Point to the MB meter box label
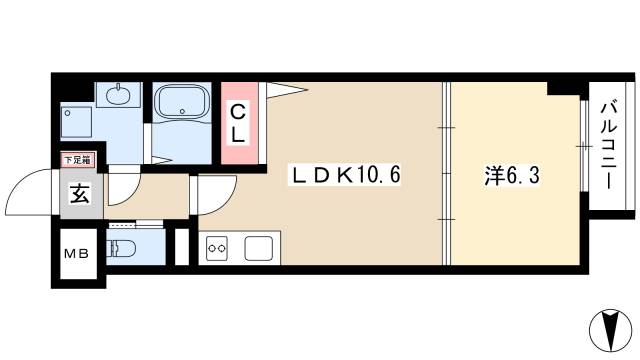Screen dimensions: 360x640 pyautogui.click(x=78, y=252)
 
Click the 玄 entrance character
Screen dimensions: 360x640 pyautogui.click(x=80, y=194)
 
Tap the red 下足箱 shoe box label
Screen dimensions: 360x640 pyautogui.click(x=77, y=159)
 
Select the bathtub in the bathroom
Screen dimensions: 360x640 pyautogui.click(x=181, y=101)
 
